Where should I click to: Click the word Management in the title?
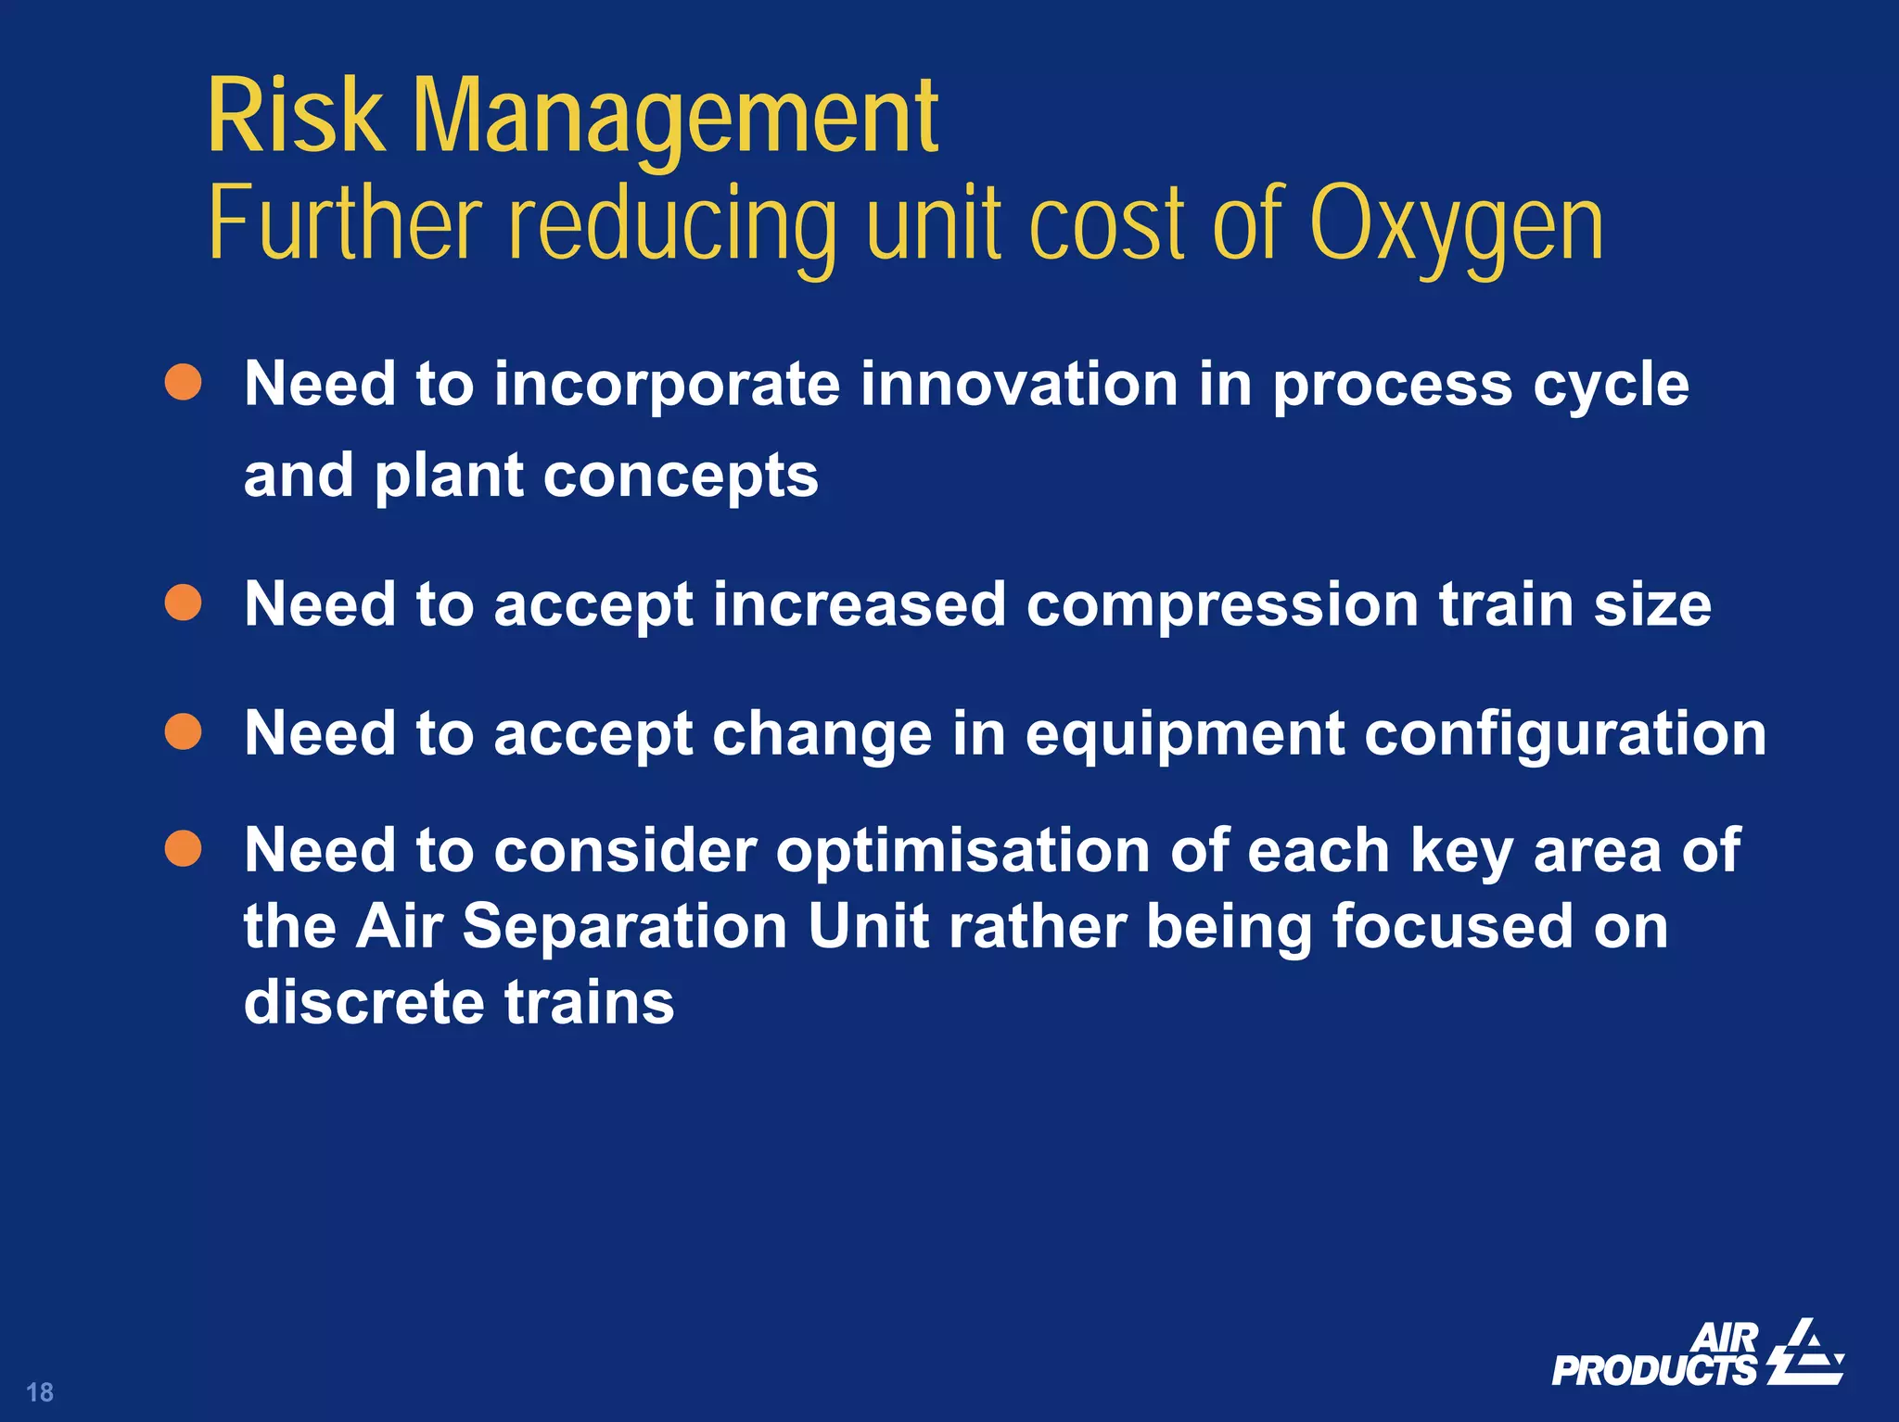coord(675,119)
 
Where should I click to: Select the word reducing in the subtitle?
coord(674,225)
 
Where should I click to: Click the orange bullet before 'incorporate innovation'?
coord(183,382)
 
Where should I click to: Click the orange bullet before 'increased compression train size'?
coord(183,603)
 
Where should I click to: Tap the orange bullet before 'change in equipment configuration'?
coord(183,731)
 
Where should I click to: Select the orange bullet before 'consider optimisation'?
coord(183,848)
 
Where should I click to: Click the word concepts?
coord(681,476)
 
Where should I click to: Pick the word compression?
coord(1222,604)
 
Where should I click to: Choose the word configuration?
coord(1565,734)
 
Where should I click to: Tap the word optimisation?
coord(962,851)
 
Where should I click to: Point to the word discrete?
coord(363,1002)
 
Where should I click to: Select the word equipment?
coord(1184,734)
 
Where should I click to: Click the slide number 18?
coord(40,1391)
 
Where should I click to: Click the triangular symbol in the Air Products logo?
coord(1805,1352)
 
